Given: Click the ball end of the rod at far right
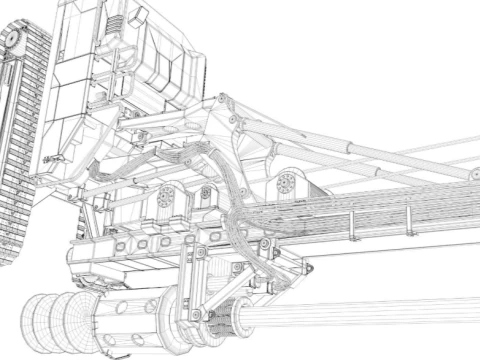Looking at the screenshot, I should pos(470,175).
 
